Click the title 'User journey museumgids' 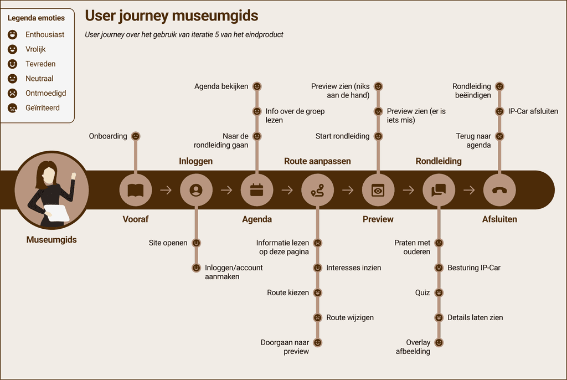[x=171, y=16]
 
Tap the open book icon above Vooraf [x=136, y=191]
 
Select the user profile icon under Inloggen [x=196, y=191]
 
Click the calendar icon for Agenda [x=257, y=191]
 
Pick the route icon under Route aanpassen [x=317, y=191]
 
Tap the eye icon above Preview [x=378, y=191]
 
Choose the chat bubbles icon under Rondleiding [x=439, y=191]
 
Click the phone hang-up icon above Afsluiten [x=499, y=191]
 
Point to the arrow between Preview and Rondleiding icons [x=409, y=191]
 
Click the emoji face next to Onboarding [x=136, y=136]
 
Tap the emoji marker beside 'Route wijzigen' [x=317, y=318]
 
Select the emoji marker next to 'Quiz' [x=439, y=292]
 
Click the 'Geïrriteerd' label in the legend [x=42, y=108]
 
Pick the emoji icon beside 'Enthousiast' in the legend [x=12, y=34]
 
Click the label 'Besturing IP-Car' [x=474, y=268]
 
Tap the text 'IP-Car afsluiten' [x=533, y=111]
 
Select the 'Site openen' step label [x=168, y=243]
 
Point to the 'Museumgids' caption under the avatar [x=51, y=240]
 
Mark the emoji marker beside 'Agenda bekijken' [x=257, y=87]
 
